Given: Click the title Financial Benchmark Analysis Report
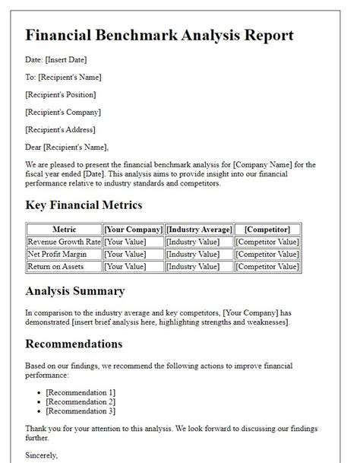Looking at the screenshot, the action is [159, 35].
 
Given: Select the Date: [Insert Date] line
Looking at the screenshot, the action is [57, 59].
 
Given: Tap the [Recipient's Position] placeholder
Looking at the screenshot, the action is [61, 94].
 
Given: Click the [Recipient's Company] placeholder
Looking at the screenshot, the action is [63, 112].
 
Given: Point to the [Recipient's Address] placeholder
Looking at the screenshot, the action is [61, 129].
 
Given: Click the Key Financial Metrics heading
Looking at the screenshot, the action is [84, 205].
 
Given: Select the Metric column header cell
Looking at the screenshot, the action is [64, 229].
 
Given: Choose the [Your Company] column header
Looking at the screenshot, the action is [134, 229].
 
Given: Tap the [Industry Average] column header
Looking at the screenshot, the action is [199, 229].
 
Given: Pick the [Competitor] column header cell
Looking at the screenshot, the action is [267, 229].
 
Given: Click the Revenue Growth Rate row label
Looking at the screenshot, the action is [64, 242].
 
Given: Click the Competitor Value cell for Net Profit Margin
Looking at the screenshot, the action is [267, 254].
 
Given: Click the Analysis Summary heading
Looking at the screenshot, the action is [75, 290].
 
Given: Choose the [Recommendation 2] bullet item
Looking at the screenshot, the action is [81, 401].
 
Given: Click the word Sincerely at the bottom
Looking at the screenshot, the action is [42, 455].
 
